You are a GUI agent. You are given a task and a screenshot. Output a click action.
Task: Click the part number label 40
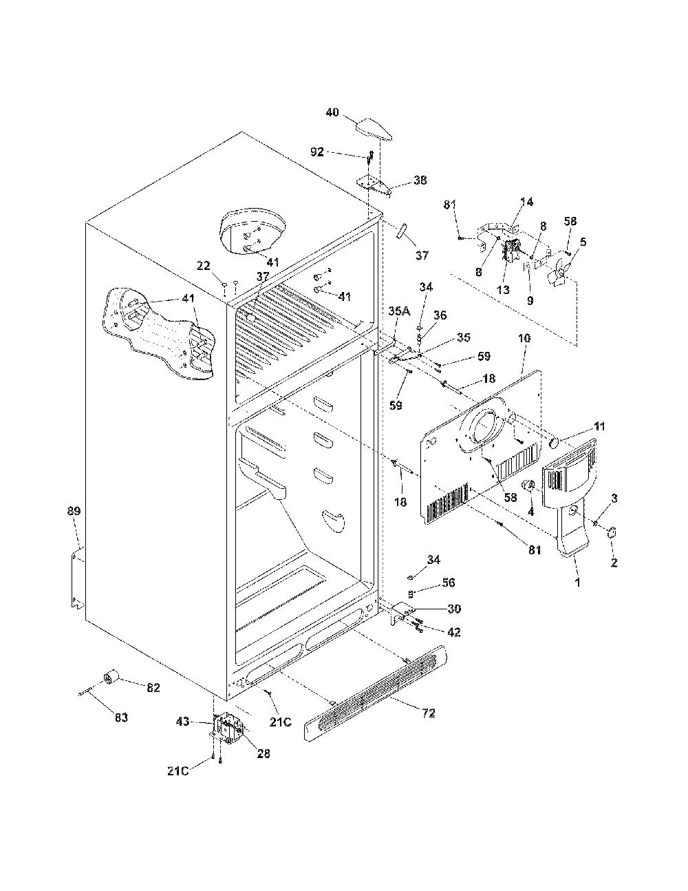point(332,112)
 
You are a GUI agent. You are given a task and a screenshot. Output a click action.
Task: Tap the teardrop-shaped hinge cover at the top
point(374,129)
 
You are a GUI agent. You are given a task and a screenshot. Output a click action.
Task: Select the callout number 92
point(317,152)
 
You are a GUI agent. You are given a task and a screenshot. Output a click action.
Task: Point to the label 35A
point(399,311)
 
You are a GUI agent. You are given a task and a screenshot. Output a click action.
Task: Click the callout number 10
point(524,338)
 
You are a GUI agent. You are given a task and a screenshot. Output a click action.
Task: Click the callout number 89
point(74,511)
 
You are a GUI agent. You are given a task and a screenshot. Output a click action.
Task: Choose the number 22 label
point(204,266)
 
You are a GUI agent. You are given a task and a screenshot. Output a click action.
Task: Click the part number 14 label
point(526,202)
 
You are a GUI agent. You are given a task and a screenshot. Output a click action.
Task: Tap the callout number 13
point(503,289)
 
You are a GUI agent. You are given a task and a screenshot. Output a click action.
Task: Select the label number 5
point(583,242)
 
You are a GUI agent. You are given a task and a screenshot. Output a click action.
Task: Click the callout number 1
point(578,583)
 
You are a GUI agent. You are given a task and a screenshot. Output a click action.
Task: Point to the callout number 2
point(614,563)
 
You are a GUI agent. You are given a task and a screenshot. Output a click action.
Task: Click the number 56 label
point(449,583)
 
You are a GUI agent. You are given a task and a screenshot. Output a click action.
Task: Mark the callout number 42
point(453,632)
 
